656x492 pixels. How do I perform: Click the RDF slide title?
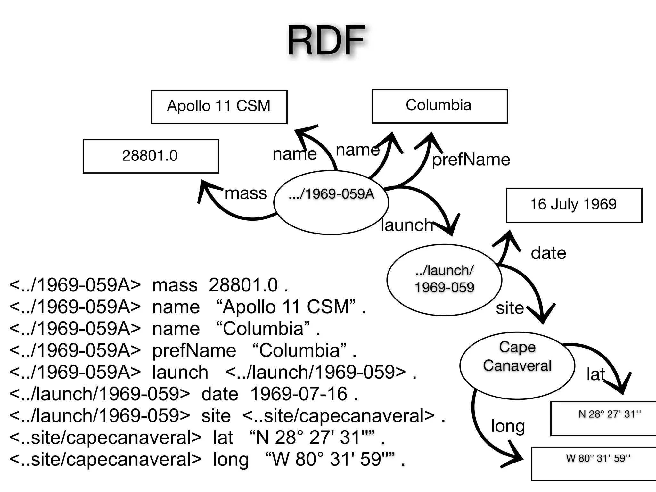(326, 41)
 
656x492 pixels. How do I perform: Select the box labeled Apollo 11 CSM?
(219, 107)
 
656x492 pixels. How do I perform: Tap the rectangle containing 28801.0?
(151, 156)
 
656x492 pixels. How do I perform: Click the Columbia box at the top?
(439, 106)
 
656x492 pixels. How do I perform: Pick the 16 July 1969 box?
(574, 205)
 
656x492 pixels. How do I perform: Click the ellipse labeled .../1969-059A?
(331, 202)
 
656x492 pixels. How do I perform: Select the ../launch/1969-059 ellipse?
(444, 280)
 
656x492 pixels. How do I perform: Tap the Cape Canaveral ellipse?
(517, 365)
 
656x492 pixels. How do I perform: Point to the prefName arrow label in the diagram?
(471, 160)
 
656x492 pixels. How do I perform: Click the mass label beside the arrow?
(246, 193)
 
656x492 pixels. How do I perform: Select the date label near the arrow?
(548, 253)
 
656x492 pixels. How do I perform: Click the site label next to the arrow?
(510, 308)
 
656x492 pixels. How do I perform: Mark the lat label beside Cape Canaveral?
(595, 374)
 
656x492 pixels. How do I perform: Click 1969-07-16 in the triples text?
(299, 394)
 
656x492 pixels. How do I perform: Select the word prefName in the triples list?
(194, 350)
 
